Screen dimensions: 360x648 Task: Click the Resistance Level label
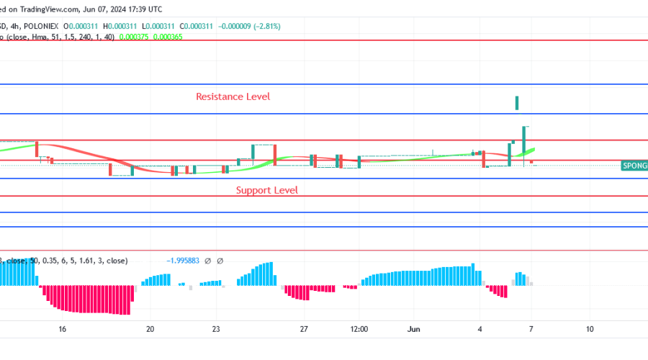[233, 96]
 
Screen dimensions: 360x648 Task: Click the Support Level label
[267, 190]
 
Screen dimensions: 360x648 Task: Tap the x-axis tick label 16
[63, 329]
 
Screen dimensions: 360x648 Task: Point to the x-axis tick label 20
[150, 329]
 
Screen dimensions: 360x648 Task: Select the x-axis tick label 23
[216, 329]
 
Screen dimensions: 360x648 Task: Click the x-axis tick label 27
[304, 329]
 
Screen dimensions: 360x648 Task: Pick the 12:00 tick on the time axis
[359, 329]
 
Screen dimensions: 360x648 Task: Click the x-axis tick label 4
[480, 329]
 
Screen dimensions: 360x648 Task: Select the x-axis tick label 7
[531, 329]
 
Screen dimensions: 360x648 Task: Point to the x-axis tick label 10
[589, 329]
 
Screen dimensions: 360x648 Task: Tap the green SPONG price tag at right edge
[634, 166]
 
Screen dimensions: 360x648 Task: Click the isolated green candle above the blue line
[517, 103]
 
